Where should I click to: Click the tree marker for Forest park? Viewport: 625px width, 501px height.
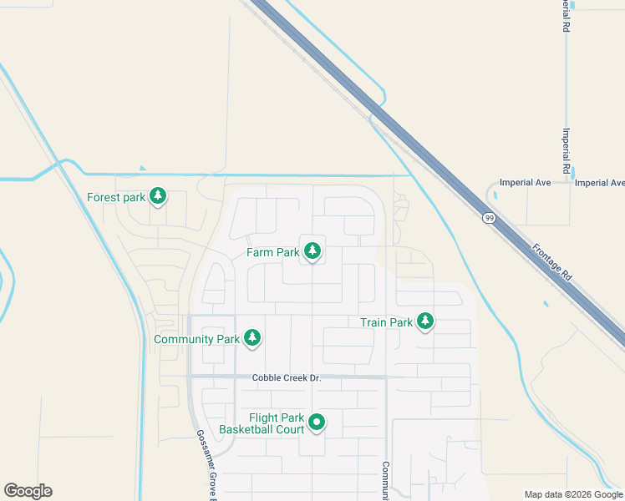tap(158, 197)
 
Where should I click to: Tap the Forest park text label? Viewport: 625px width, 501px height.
tap(116, 198)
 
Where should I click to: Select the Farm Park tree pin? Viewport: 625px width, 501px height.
tap(312, 250)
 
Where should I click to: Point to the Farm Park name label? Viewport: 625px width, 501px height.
tap(272, 251)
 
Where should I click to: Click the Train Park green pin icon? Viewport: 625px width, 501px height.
tap(425, 321)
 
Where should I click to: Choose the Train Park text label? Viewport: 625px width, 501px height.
tap(386, 322)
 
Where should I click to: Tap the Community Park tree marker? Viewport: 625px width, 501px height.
tap(252, 338)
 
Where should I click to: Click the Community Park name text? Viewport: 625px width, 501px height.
tap(196, 340)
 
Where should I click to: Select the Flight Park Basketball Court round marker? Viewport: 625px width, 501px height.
tap(317, 423)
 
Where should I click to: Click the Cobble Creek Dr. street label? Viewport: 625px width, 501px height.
tap(287, 378)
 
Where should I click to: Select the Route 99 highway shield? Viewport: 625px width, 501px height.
tap(488, 218)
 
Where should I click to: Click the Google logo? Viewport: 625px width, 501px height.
tap(28, 491)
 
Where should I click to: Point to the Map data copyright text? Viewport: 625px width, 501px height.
tap(573, 494)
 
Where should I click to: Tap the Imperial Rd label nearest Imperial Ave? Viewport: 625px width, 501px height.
tap(566, 151)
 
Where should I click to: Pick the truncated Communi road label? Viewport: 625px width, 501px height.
tap(386, 481)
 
